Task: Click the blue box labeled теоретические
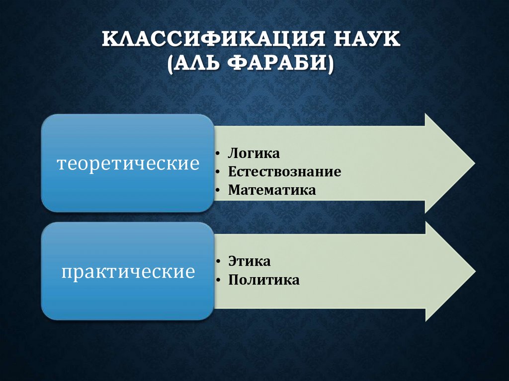tap(128, 163)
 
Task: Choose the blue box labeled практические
tap(128, 272)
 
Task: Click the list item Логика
tap(254, 153)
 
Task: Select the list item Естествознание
tap(284, 172)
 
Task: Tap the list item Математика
tap(272, 190)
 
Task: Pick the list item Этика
tap(250, 262)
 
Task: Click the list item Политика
tap(264, 280)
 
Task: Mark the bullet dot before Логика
tap(219, 154)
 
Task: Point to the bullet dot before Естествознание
tap(219, 172)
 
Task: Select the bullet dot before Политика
tap(219, 281)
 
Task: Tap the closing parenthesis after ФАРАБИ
tap(330, 66)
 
